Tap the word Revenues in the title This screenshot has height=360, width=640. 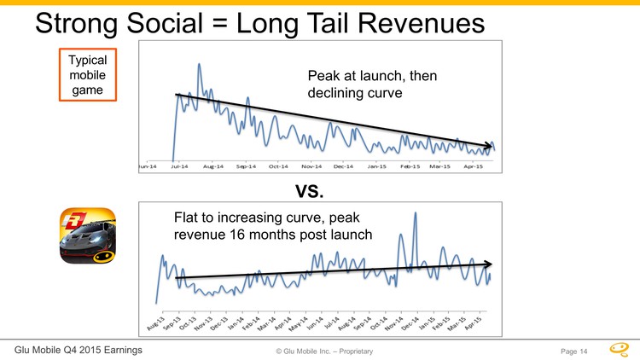point(428,23)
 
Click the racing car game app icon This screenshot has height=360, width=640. point(87,236)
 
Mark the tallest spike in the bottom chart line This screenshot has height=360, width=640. point(415,213)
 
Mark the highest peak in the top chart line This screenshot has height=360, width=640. point(199,65)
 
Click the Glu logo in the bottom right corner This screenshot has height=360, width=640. point(620,348)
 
